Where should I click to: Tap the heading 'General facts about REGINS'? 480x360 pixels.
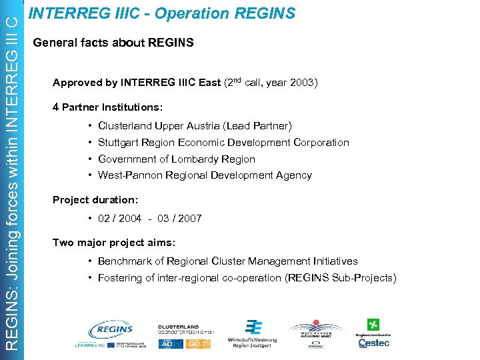[x=113, y=43]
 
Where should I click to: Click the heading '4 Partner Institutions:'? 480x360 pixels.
[x=107, y=107]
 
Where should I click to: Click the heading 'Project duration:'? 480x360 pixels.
[x=95, y=200]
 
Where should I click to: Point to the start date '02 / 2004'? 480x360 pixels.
[x=119, y=219]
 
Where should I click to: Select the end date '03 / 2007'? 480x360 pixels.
[x=179, y=219]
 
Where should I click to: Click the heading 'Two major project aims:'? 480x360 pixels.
[x=114, y=243]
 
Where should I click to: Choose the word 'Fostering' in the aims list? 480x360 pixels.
[x=120, y=278]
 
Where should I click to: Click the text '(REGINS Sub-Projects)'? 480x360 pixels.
[x=341, y=278]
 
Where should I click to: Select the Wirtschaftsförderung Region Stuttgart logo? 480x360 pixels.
[x=252, y=333]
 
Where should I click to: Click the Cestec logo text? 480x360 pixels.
[x=374, y=343]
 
